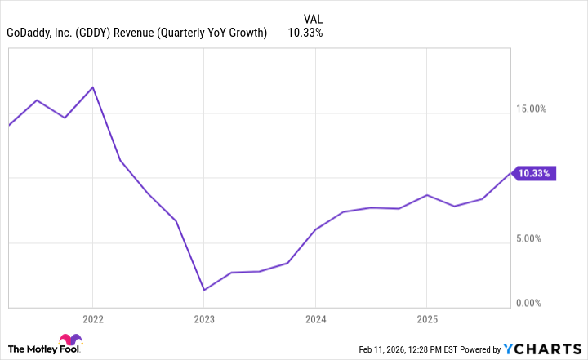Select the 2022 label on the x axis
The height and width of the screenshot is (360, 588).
tap(92, 318)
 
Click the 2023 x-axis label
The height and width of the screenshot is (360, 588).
tap(203, 318)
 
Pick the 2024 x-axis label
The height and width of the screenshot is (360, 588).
tap(315, 318)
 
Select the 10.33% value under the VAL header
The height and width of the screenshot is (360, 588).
tap(305, 33)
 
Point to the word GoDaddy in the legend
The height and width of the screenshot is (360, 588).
tap(29, 33)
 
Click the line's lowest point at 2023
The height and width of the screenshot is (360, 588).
tap(203, 290)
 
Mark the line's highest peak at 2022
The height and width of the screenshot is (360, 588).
tap(92, 87)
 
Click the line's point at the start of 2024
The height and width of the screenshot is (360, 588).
tap(315, 229)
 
